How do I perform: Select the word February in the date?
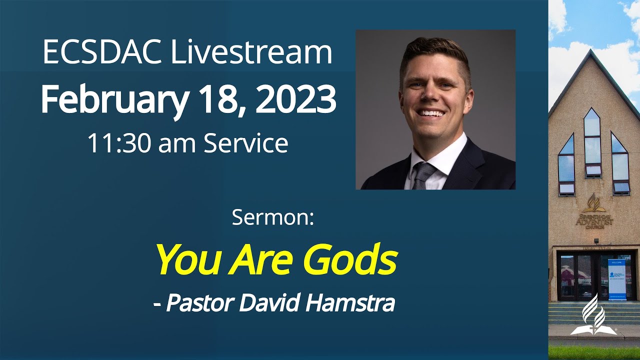tap(114, 100)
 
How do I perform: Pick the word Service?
tap(245, 143)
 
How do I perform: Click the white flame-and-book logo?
tap(594, 315)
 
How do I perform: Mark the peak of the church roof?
tap(592, 51)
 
